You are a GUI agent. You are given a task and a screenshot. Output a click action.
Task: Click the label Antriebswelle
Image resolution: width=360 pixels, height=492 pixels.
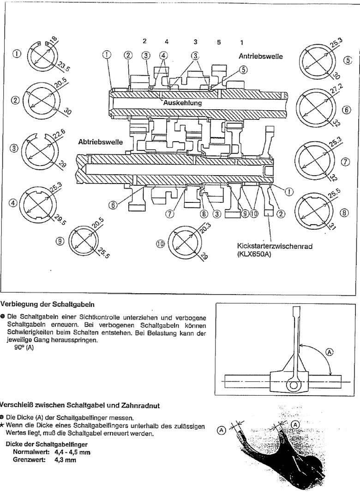pyautogui.click(x=261, y=56)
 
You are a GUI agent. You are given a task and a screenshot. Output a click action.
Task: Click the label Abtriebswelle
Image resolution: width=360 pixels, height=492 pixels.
pyautogui.click(x=100, y=142)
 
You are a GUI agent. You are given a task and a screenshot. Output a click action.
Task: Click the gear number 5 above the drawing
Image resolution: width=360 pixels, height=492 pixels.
pyautogui.click(x=219, y=42)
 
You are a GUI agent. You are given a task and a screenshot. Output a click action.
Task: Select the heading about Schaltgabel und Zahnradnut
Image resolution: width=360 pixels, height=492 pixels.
pyautogui.click(x=79, y=406)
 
